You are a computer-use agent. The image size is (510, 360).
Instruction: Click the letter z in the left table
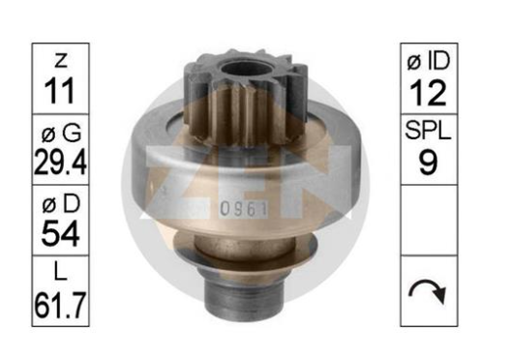[x=61, y=61]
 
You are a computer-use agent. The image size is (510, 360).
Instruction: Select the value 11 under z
[x=60, y=91]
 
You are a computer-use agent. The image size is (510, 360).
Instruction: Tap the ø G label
[x=61, y=133]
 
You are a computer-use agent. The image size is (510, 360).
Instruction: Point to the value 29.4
[x=61, y=162]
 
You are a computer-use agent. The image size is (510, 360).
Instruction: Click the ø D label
[x=61, y=204]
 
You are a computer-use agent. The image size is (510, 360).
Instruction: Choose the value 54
[x=61, y=233]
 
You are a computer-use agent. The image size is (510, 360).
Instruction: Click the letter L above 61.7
[x=61, y=272]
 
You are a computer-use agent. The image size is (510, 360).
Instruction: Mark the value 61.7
[x=61, y=305]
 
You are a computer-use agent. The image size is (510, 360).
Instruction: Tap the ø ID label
[x=429, y=61]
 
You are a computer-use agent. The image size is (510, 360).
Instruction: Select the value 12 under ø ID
[x=428, y=93]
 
